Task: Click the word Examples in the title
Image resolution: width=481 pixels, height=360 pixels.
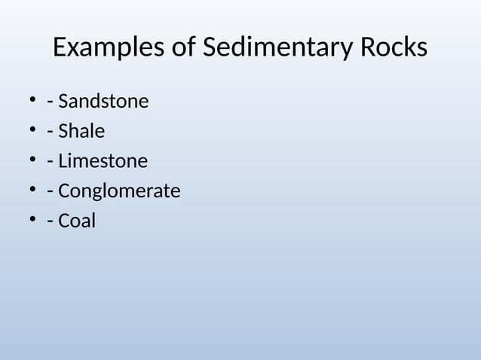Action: tap(106, 48)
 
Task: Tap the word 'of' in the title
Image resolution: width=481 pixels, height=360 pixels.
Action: tap(181, 48)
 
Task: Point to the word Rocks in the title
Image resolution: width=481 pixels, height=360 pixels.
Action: tap(393, 48)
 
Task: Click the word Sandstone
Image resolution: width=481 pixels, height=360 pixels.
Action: tap(103, 101)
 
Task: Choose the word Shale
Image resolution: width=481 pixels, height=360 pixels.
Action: tap(81, 131)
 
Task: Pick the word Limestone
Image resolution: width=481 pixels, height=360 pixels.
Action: tap(103, 161)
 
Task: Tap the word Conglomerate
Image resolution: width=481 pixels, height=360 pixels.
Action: tap(119, 191)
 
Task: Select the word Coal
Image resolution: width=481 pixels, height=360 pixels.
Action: tap(77, 221)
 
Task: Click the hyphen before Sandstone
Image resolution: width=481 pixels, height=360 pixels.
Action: tap(50, 102)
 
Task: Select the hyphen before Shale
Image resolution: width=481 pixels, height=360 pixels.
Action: tap(50, 133)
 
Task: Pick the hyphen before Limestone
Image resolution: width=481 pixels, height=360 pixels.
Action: tap(50, 163)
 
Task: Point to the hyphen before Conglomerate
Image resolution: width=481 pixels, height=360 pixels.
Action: tap(50, 193)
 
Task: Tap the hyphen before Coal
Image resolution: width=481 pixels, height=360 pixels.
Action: tap(50, 223)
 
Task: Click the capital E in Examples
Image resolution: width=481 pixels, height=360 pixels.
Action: tap(60, 48)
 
